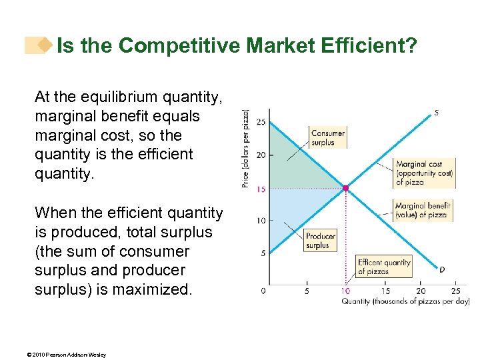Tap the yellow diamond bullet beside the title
pos(45,45)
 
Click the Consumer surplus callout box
pos(327,137)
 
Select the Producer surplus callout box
pos(320,241)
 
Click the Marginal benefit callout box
pos(422,211)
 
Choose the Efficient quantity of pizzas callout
pos(384,267)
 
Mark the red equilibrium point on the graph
pos(345,189)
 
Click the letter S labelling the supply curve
pos(436,113)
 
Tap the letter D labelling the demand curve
pos(441,269)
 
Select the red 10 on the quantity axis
pos(345,291)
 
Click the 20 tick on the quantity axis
pos(420,291)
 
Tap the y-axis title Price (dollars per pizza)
pos(245,148)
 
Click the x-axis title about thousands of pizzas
pos(405,301)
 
